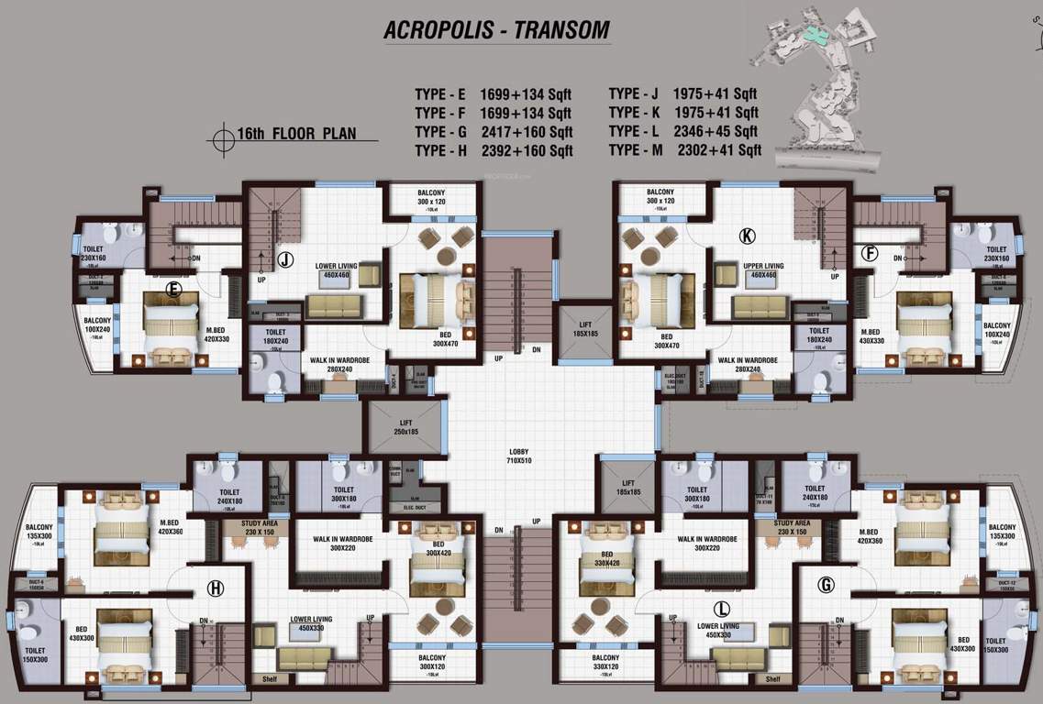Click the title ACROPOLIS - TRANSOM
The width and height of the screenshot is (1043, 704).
(496, 29)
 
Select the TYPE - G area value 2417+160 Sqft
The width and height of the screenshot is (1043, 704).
(527, 132)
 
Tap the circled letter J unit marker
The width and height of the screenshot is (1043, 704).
(286, 260)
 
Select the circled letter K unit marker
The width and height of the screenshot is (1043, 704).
(747, 236)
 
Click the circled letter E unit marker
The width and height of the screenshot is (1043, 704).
(172, 291)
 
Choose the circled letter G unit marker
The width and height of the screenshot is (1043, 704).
(826, 584)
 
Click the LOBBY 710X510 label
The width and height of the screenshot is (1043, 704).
(520, 455)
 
